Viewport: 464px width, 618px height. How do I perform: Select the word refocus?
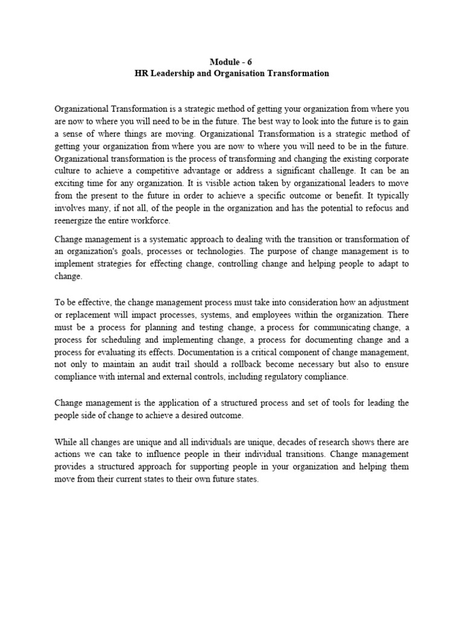point(376,208)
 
